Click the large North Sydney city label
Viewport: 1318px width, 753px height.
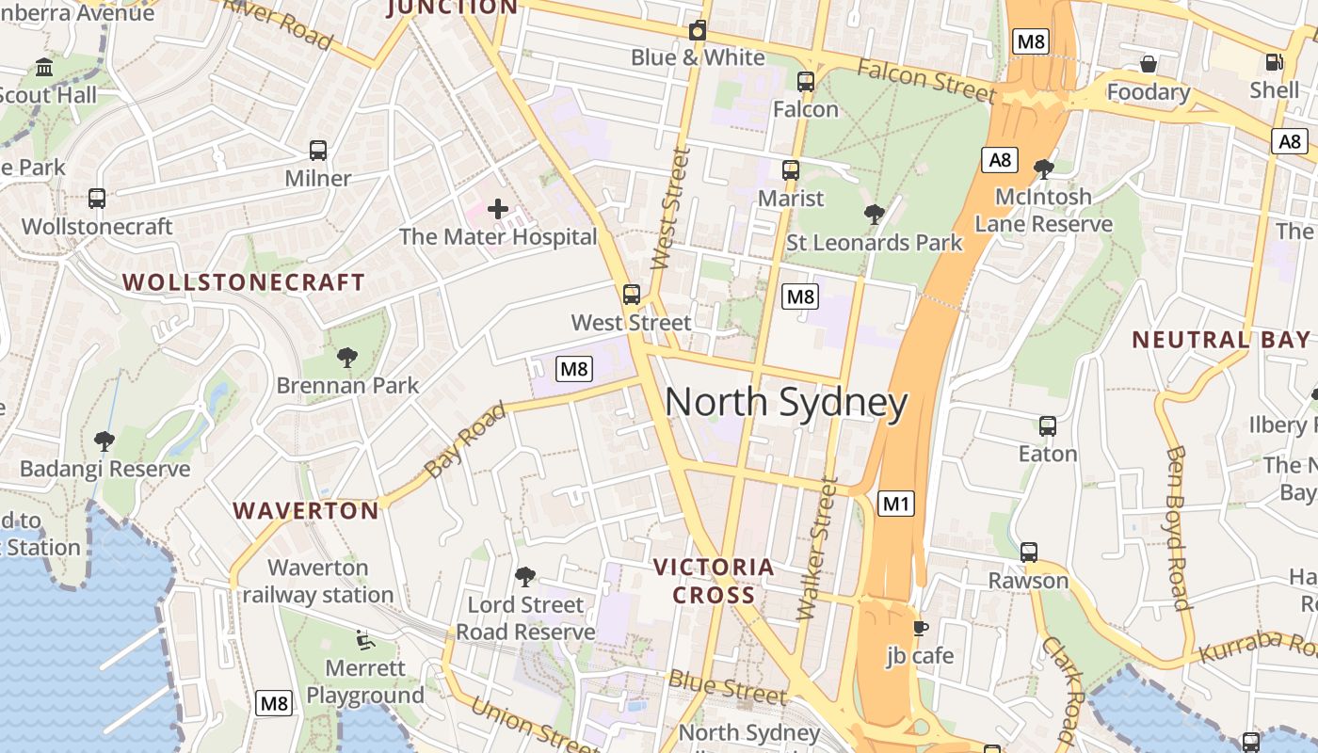[786, 403]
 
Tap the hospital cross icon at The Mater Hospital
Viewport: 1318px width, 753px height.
[498, 209]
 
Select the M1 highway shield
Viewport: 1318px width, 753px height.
[895, 504]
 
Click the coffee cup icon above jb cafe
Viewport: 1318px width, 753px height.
[920, 628]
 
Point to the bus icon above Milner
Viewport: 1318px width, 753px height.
[318, 151]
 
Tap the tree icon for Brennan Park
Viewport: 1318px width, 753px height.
[347, 357]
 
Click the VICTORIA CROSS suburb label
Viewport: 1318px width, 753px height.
[714, 581]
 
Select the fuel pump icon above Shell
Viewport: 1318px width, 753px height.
[1274, 62]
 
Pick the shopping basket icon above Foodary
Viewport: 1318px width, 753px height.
[1148, 64]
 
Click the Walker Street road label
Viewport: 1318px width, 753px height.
[816, 548]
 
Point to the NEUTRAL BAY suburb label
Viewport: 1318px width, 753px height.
[1220, 340]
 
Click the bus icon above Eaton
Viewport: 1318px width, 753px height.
[1048, 425]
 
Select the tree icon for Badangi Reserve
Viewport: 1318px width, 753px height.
[104, 441]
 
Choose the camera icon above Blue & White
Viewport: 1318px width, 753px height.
[697, 30]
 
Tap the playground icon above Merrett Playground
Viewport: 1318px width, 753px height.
[364, 640]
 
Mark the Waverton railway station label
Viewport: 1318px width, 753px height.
[318, 581]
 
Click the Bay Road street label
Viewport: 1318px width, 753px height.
[465, 440]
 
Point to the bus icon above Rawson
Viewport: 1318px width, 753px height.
[1028, 552]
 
